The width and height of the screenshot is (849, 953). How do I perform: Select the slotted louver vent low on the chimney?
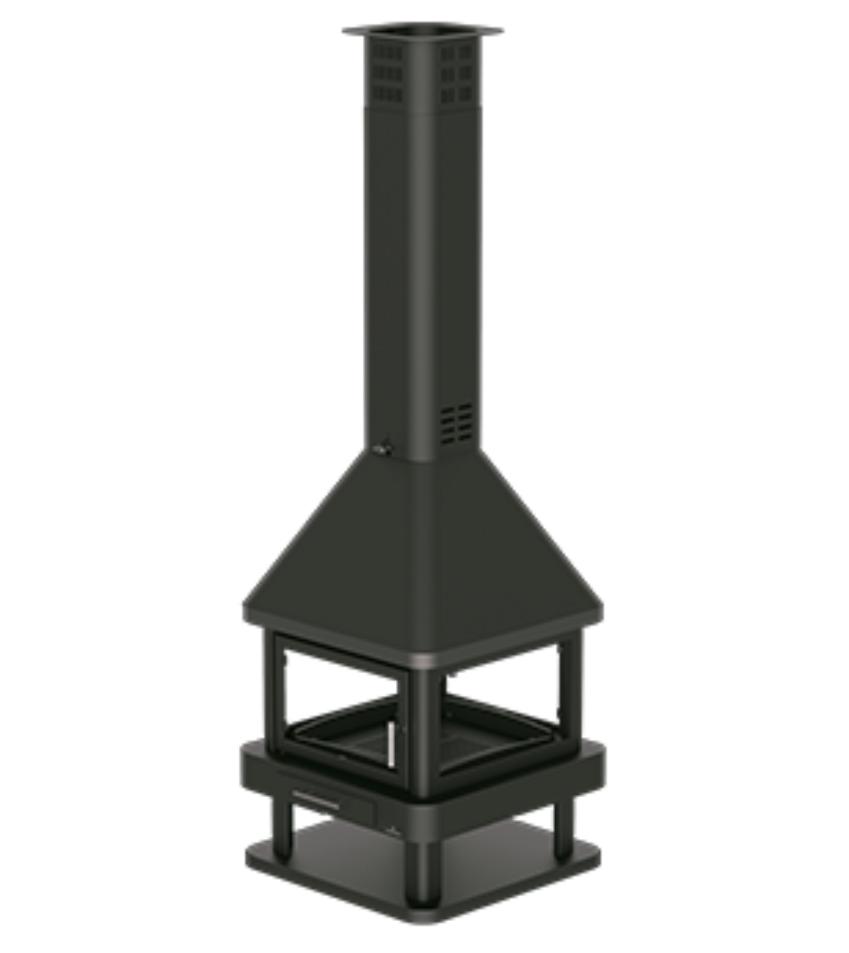tap(456, 424)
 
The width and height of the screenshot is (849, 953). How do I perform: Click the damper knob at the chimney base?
tap(383, 449)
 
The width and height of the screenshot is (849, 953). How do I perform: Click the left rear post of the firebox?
tap(270, 685)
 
